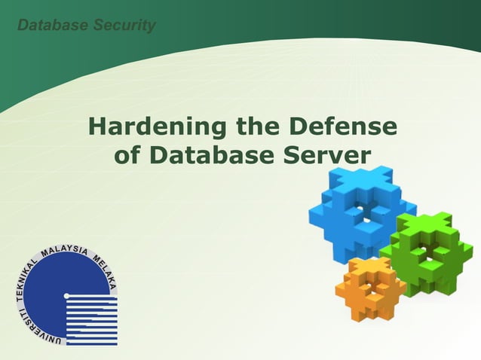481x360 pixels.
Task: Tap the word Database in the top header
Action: click(x=51, y=25)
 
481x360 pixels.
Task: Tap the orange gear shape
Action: click(x=369, y=290)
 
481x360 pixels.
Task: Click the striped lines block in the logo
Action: click(x=91, y=320)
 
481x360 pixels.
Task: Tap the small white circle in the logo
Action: click(x=66, y=295)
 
